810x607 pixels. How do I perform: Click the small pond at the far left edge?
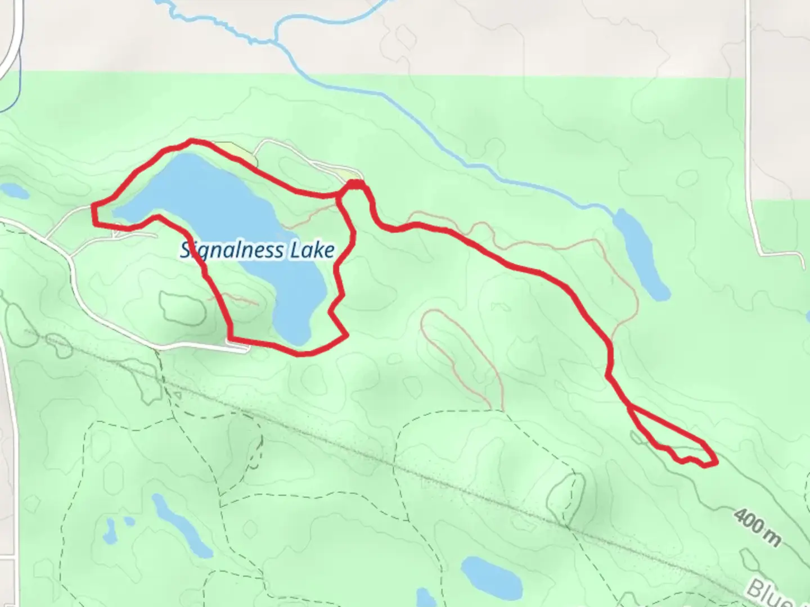13,191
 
